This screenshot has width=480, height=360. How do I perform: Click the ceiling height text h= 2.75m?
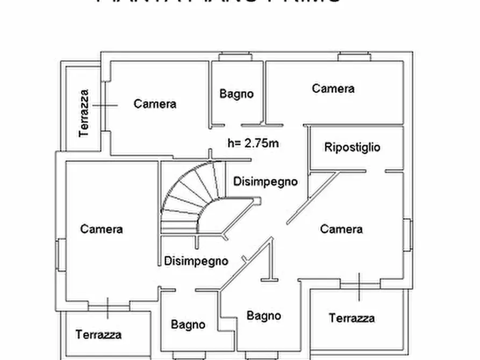[x=253, y=143]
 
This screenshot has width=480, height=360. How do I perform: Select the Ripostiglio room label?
[x=352, y=147]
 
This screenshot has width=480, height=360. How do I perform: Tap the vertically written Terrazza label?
[x=84, y=113]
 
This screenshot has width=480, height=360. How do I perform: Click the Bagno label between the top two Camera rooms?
[x=236, y=93]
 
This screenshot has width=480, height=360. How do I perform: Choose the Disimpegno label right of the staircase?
[x=265, y=182]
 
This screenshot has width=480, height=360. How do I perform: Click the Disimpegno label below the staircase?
[x=196, y=261]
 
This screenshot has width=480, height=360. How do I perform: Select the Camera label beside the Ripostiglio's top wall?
[x=333, y=89]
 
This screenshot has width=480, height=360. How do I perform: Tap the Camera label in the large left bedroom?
[x=102, y=229]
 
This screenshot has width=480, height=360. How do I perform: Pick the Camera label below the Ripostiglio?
[x=341, y=229]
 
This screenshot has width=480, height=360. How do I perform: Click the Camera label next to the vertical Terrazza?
[x=155, y=104]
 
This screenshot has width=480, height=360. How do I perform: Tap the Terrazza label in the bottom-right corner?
[x=352, y=318]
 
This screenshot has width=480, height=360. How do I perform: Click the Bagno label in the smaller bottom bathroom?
[x=188, y=325]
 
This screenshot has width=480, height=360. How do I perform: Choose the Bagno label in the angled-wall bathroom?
[x=263, y=315]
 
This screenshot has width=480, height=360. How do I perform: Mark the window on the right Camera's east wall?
[x=407, y=234]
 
